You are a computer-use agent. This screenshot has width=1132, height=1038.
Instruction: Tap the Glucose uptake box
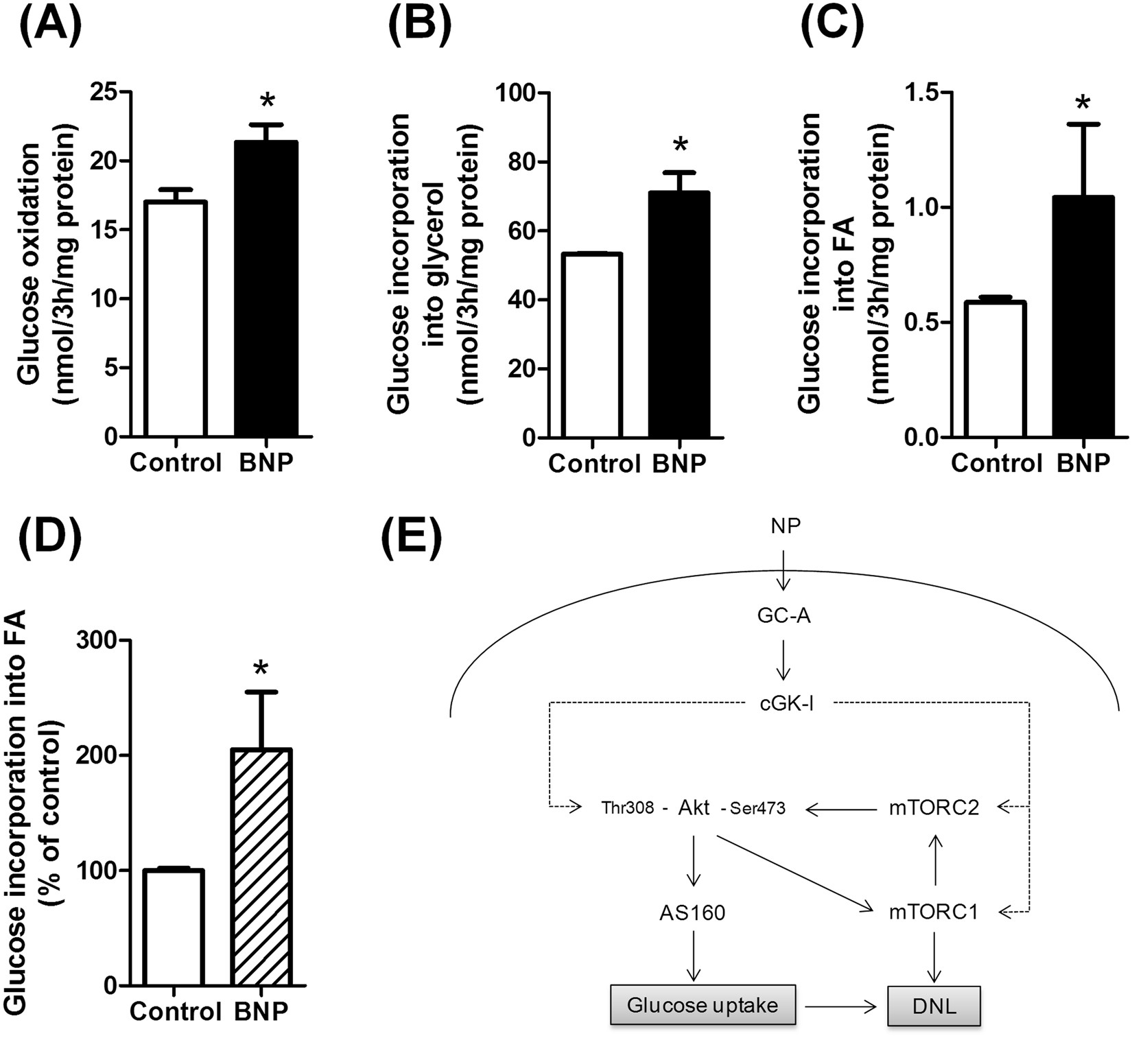[703, 1006]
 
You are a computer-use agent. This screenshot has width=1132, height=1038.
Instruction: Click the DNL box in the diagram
[934, 1006]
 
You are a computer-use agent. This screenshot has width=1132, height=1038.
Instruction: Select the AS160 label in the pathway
[692, 912]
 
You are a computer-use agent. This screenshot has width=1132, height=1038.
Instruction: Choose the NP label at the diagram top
[786, 526]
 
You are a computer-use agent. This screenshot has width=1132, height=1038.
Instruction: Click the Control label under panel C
[996, 463]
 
